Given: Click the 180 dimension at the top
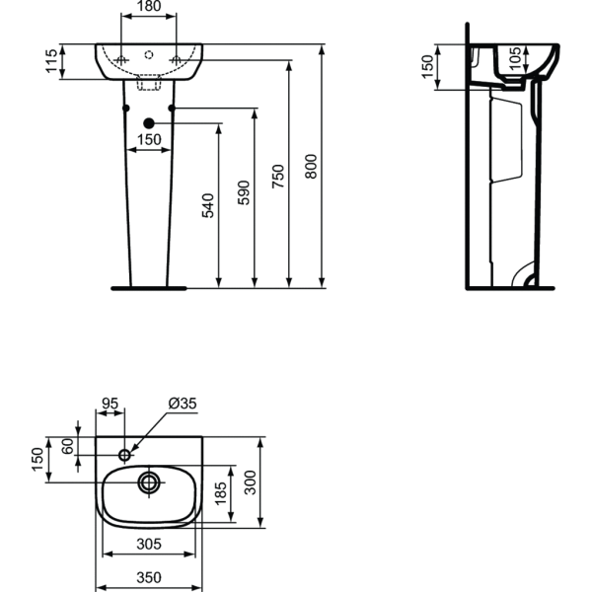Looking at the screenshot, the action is pyautogui.click(x=149, y=6).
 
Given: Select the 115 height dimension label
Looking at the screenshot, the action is pyautogui.click(x=51, y=61).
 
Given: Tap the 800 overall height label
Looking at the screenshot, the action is pyautogui.click(x=311, y=166).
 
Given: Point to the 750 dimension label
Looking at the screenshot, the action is pyautogui.click(x=278, y=177).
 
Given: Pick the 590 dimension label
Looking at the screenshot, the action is pyautogui.click(x=244, y=193).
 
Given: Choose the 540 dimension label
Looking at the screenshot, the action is pyautogui.click(x=208, y=206).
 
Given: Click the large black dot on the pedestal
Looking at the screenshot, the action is pyautogui.click(x=149, y=123).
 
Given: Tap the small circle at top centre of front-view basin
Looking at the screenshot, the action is pyautogui.click(x=149, y=54).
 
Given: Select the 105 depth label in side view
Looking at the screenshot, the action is pyautogui.click(x=515, y=58).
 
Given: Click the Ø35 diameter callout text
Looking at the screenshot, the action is pyautogui.click(x=183, y=404).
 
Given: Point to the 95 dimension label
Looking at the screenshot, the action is pyautogui.click(x=111, y=404).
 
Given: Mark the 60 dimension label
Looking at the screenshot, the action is pyautogui.click(x=68, y=446).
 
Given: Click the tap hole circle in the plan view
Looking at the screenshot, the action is pyautogui.click(x=125, y=455).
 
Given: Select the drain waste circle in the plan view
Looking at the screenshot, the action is pyautogui.click(x=149, y=482).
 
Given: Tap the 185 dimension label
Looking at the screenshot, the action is pyautogui.click(x=221, y=493).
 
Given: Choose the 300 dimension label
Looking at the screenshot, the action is pyautogui.click(x=250, y=482).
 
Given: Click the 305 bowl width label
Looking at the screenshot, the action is pyautogui.click(x=149, y=544).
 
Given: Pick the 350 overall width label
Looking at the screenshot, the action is pyautogui.click(x=149, y=577).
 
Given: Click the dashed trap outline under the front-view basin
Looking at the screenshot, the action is pyautogui.click(x=149, y=83).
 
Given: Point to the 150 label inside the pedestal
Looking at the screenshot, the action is pyautogui.click(x=149, y=140).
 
